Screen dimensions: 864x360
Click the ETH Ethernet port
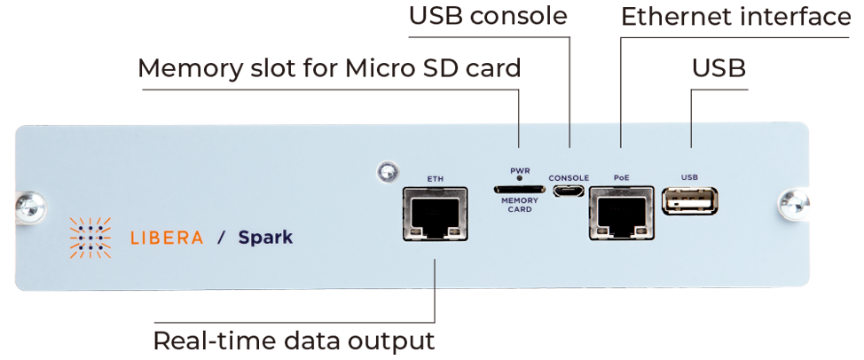(x=436, y=214)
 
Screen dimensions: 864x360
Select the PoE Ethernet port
(x=621, y=213)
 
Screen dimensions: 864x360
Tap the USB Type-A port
(x=690, y=201)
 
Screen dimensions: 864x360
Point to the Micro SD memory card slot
(x=519, y=190)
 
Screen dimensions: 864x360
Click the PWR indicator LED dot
(x=519, y=179)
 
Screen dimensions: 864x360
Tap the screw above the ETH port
(x=388, y=172)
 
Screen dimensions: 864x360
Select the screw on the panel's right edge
(x=793, y=203)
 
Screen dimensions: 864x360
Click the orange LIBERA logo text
(x=167, y=238)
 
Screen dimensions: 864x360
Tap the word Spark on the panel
(x=265, y=238)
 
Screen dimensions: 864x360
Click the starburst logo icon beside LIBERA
(x=90, y=238)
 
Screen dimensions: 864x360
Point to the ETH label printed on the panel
(x=436, y=178)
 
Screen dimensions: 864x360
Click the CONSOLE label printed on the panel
(x=569, y=178)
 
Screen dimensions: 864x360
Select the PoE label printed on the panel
(x=621, y=178)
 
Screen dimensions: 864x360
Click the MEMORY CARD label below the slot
(x=519, y=205)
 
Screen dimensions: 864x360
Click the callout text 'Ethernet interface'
(x=735, y=17)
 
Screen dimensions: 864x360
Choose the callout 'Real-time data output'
(x=294, y=341)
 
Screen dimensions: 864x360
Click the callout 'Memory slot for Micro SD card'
(x=329, y=69)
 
